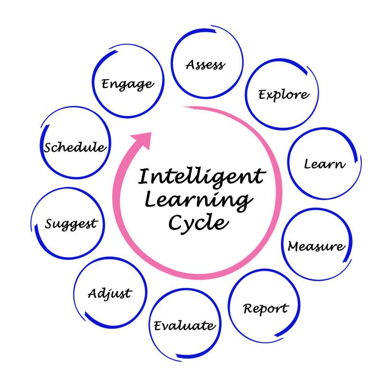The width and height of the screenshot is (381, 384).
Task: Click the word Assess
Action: pyautogui.click(x=205, y=64)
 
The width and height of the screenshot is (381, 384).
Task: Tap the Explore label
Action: pyautogui.click(x=283, y=94)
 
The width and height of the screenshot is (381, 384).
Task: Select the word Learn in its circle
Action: pyautogui.click(x=324, y=164)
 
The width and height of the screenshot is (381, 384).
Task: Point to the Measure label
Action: pyautogui.click(x=316, y=246)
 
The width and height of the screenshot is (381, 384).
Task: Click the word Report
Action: pyautogui.click(x=266, y=308)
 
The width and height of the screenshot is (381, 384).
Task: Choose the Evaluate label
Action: pyautogui.click(x=184, y=326)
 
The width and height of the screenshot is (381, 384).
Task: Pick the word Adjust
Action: pyautogui.click(x=110, y=293)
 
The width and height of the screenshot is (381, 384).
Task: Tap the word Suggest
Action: pyautogui.click(x=71, y=224)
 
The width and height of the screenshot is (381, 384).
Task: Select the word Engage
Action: pyautogui.click(x=127, y=84)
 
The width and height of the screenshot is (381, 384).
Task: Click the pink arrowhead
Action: pyautogui.click(x=142, y=140)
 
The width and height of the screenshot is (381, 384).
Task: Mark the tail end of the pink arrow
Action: pyautogui.click(x=185, y=108)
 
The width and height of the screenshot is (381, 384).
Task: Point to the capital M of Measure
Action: pyautogui.click(x=294, y=246)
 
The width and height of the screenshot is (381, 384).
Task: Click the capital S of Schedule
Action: pyautogui.click(x=48, y=147)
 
